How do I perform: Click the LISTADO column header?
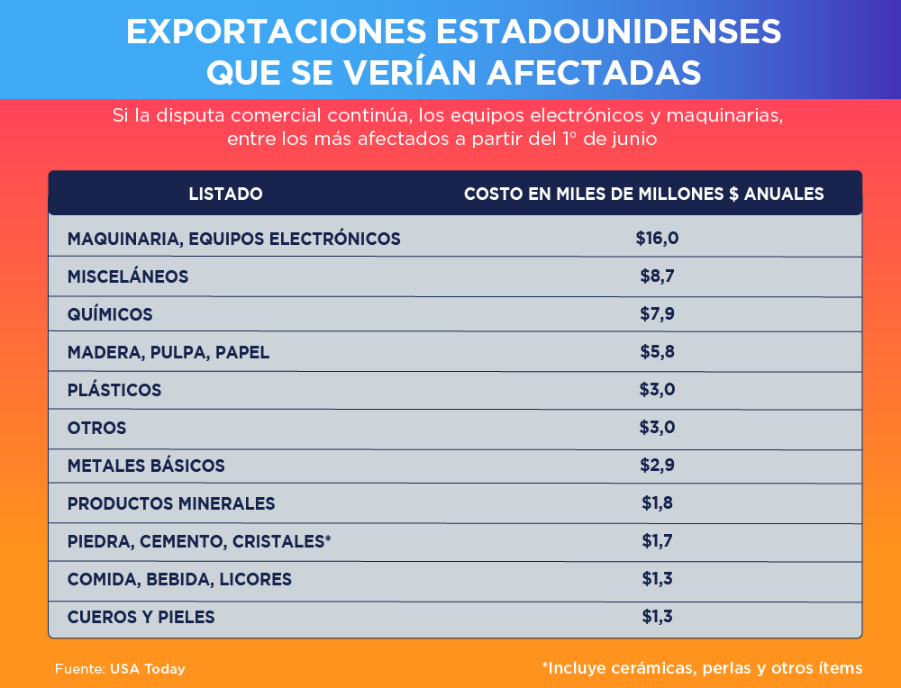click(225, 194)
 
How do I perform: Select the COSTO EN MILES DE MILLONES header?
click(643, 194)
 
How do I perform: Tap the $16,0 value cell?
click(656, 239)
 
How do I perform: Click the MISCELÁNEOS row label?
click(128, 276)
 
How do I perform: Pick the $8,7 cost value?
click(657, 276)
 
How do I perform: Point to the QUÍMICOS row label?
click(110, 314)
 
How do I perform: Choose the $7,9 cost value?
click(657, 314)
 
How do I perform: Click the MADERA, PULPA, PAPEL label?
click(168, 352)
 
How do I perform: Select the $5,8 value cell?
click(657, 352)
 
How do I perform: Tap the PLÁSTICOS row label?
click(114, 390)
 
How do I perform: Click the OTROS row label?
click(96, 428)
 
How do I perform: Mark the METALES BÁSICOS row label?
click(146, 466)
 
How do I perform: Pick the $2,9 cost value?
click(657, 466)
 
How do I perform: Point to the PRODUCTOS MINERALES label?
click(171, 503)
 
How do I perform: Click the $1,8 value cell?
click(657, 503)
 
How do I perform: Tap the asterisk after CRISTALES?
click(328, 539)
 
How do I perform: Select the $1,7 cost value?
click(657, 541)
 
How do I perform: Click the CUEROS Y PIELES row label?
click(141, 617)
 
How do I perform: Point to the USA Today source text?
click(148, 669)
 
